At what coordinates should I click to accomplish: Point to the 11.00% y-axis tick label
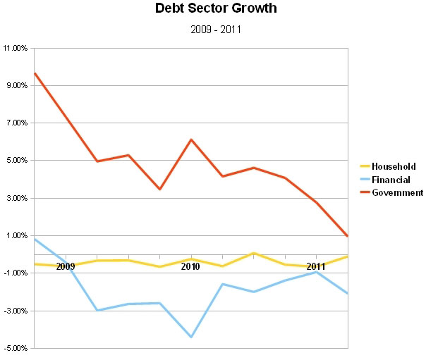click(16, 49)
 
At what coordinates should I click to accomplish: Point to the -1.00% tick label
click(16, 273)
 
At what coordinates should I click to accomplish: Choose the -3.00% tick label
click(16, 311)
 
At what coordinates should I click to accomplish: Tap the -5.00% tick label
click(16, 348)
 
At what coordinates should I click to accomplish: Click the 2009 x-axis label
click(66, 267)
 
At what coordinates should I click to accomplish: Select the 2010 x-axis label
click(190, 267)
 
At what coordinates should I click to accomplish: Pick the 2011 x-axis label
click(316, 267)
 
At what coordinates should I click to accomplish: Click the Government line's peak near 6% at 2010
click(190, 139)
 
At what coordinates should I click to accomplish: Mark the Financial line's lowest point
click(190, 337)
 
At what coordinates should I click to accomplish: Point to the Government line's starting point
click(35, 73)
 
